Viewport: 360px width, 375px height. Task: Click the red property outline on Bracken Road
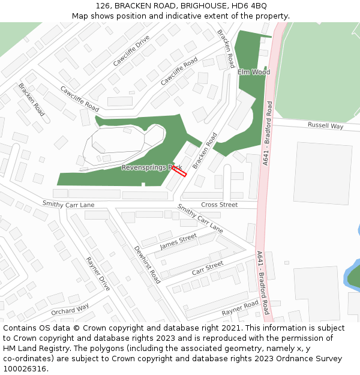(179, 172)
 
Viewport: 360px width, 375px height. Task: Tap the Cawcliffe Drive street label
(131, 50)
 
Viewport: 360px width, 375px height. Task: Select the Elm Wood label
(254, 72)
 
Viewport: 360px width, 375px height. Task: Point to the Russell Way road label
(325, 126)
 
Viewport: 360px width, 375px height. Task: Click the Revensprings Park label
(151, 167)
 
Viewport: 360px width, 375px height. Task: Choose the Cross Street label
(219, 205)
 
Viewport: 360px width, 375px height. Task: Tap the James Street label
(178, 242)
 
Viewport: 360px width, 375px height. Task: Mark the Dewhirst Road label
(147, 265)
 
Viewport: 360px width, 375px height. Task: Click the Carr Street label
(208, 268)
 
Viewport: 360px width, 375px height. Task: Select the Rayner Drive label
(98, 274)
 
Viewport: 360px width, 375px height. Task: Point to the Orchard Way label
(70, 309)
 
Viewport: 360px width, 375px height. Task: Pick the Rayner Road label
(239, 309)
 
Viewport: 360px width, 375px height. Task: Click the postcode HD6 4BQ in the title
(251, 6)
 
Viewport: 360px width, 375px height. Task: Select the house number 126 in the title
(103, 6)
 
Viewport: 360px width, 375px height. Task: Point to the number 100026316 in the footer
(24, 369)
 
